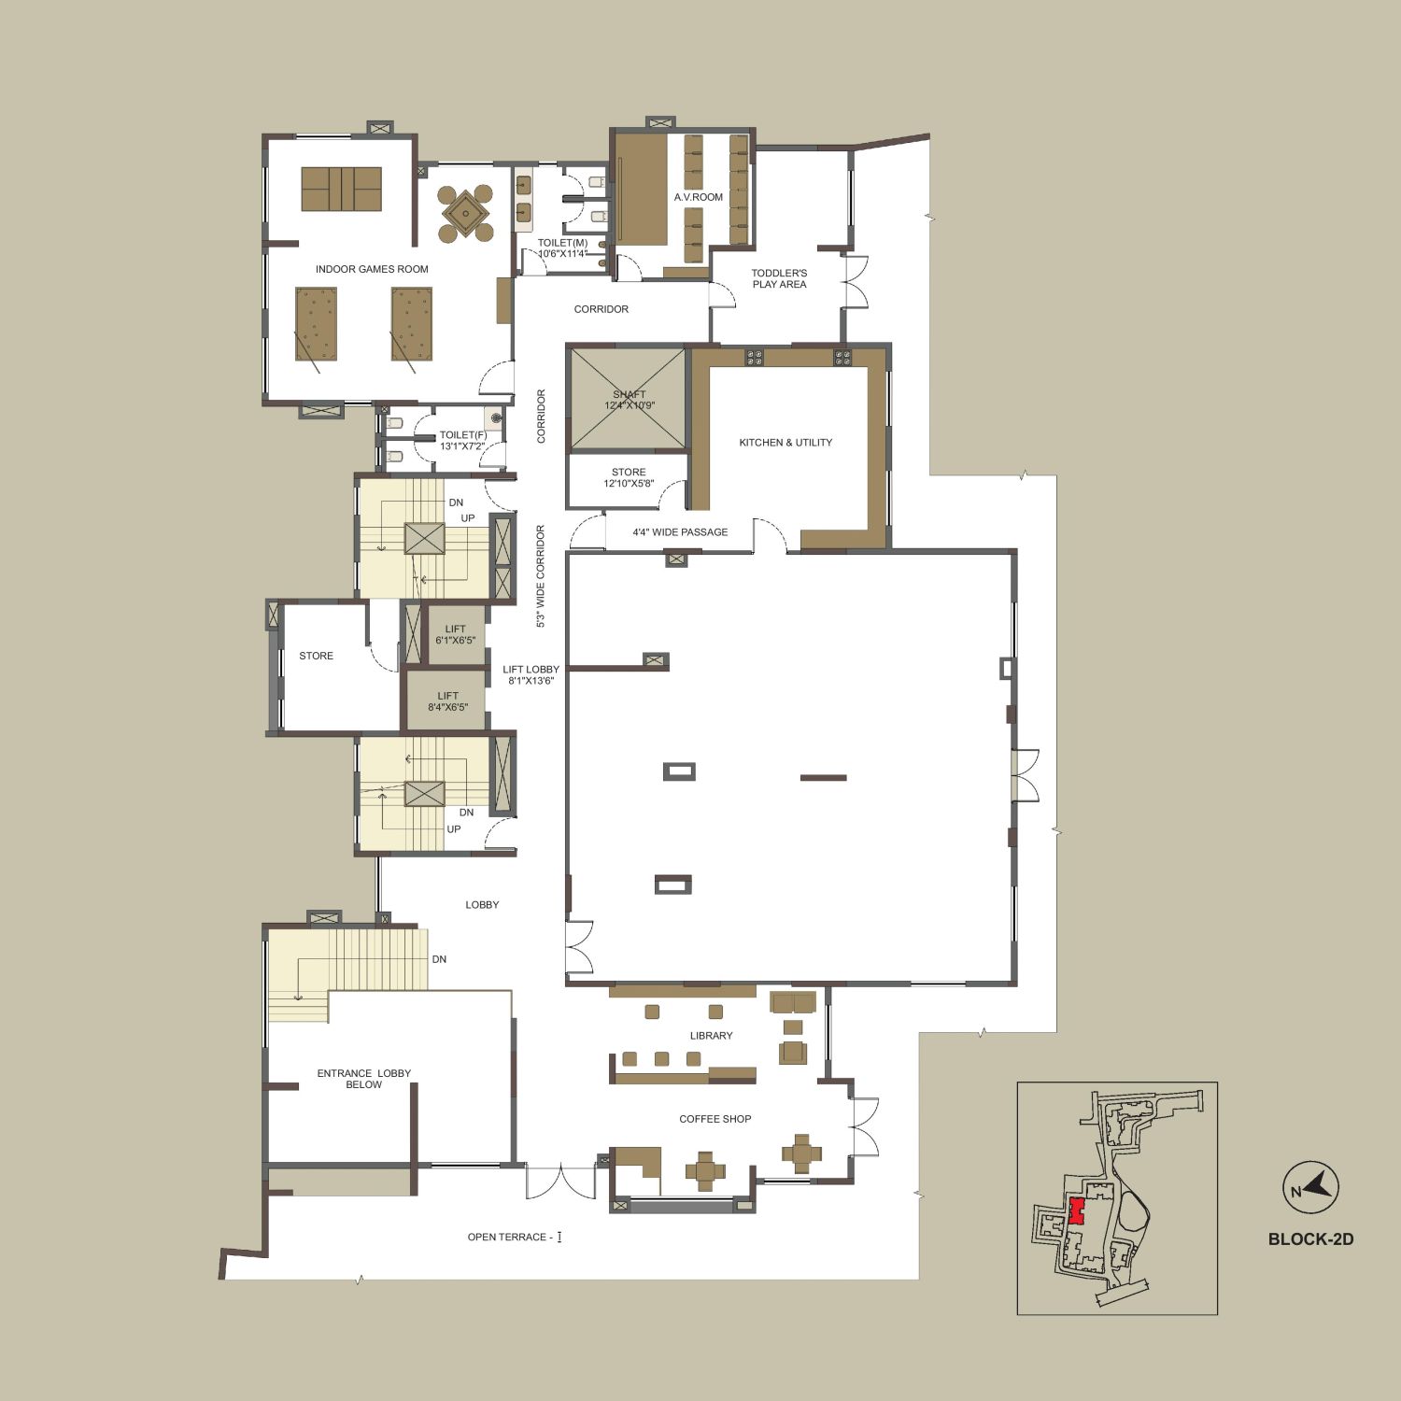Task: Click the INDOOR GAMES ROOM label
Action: click(x=372, y=269)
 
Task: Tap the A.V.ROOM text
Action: click(x=699, y=197)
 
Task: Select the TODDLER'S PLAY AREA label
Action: click(x=779, y=279)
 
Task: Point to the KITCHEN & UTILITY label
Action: click(x=785, y=443)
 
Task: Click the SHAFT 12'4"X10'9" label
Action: click(x=629, y=400)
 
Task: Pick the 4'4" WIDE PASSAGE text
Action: click(x=680, y=532)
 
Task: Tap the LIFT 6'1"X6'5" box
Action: click(x=455, y=635)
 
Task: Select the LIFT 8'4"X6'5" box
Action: click(x=447, y=701)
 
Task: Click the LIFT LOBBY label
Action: click(x=531, y=674)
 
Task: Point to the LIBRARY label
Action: click(x=711, y=1036)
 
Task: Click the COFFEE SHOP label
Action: click(x=715, y=1119)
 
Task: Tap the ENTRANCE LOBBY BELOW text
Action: click(x=363, y=1079)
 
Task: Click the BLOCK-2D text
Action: click(x=1310, y=1239)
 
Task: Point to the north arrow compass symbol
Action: click(x=1310, y=1188)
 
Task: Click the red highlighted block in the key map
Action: click(x=1076, y=1210)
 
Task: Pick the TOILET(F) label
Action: click(x=462, y=441)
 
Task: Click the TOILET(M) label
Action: click(x=562, y=248)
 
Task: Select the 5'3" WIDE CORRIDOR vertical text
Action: click(x=540, y=575)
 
